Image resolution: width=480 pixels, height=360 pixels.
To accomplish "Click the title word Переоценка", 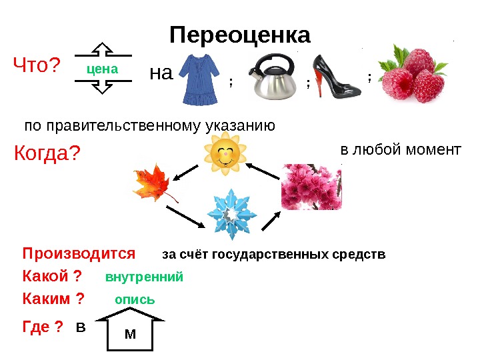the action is (x=240, y=35).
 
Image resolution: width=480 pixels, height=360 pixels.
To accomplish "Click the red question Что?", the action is (x=37, y=66).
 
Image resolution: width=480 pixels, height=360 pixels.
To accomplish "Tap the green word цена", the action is (x=103, y=69).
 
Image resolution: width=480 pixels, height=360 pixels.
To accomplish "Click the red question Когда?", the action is (x=47, y=154).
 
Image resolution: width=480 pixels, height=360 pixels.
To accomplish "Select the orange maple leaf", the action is (x=154, y=184).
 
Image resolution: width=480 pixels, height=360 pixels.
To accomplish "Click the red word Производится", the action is (x=79, y=254).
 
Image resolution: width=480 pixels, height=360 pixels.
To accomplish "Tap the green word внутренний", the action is (x=144, y=277).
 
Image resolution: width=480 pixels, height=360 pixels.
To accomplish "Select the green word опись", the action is (x=135, y=299).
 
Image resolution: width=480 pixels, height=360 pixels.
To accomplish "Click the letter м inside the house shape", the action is (x=130, y=333).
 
